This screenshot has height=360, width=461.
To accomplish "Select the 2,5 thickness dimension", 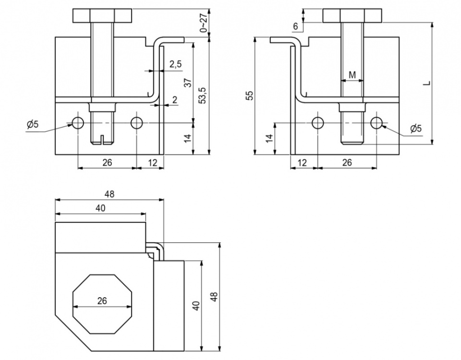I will (x=175, y=64).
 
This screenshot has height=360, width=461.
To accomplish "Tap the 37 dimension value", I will (x=188, y=83).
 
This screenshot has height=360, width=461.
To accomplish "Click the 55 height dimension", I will (x=249, y=96).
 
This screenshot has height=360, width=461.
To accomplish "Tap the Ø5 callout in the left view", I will (x=33, y=125).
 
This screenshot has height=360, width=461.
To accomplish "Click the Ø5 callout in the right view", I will (x=416, y=129).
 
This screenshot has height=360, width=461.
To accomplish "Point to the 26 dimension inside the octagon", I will (x=102, y=301).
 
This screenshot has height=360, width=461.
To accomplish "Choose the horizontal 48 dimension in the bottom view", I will (x=109, y=194).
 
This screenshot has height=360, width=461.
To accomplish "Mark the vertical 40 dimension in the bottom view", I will (x=195, y=306).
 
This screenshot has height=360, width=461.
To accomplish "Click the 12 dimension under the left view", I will (x=151, y=163).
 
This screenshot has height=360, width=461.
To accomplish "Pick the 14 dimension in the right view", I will (x=269, y=138).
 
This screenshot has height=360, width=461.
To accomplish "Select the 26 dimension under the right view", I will (x=347, y=163).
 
